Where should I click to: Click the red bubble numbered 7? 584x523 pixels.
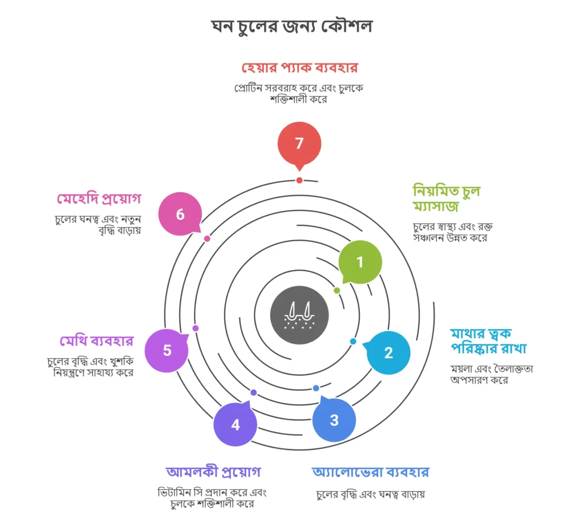[299, 143]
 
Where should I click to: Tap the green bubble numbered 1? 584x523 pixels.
[360, 262]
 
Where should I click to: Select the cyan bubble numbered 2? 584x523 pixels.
[388, 352]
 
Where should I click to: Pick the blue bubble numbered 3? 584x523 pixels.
[334, 420]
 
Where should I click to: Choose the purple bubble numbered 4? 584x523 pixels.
[236, 425]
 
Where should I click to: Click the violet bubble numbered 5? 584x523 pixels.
[167, 350]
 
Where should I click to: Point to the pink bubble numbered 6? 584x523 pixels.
[180, 214]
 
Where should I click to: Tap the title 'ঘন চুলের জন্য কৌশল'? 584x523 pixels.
[291, 27]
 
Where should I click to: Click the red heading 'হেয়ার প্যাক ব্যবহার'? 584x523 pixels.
[299, 68]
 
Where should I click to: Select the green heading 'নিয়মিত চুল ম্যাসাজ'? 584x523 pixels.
[446, 197]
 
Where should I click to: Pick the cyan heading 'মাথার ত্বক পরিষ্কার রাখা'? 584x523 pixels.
[488, 340]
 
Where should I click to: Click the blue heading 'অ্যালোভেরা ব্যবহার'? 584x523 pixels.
[370, 472]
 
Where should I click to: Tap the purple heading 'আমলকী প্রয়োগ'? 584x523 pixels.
[213, 472]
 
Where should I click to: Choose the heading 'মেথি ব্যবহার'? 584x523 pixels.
[96, 341]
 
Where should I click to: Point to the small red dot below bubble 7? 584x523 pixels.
[299, 180]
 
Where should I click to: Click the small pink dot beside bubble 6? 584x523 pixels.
[207, 238]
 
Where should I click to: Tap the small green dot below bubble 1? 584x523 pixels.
[337, 290]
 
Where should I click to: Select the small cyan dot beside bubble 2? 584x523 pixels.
[353, 341]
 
